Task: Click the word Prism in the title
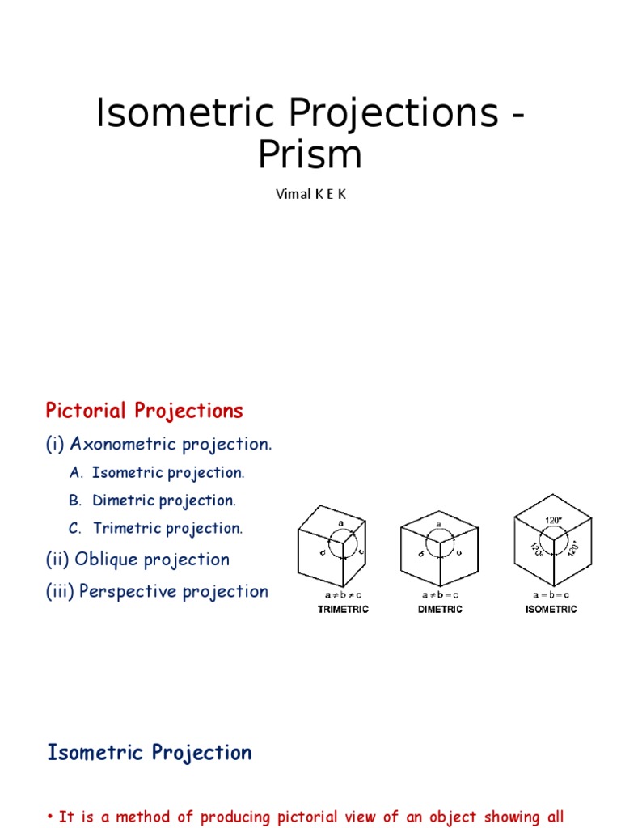click(x=310, y=155)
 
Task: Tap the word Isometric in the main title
click(x=167, y=113)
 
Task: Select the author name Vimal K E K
click(x=310, y=195)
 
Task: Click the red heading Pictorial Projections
click(x=144, y=411)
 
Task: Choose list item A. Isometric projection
click(x=157, y=472)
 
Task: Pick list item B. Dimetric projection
click(x=153, y=501)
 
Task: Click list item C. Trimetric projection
click(x=156, y=528)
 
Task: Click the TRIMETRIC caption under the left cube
click(x=343, y=610)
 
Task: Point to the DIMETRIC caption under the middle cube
click(x=440, y=610)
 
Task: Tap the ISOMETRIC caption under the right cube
click(x=551, y=610)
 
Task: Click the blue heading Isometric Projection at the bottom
click(x=150, y=753)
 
